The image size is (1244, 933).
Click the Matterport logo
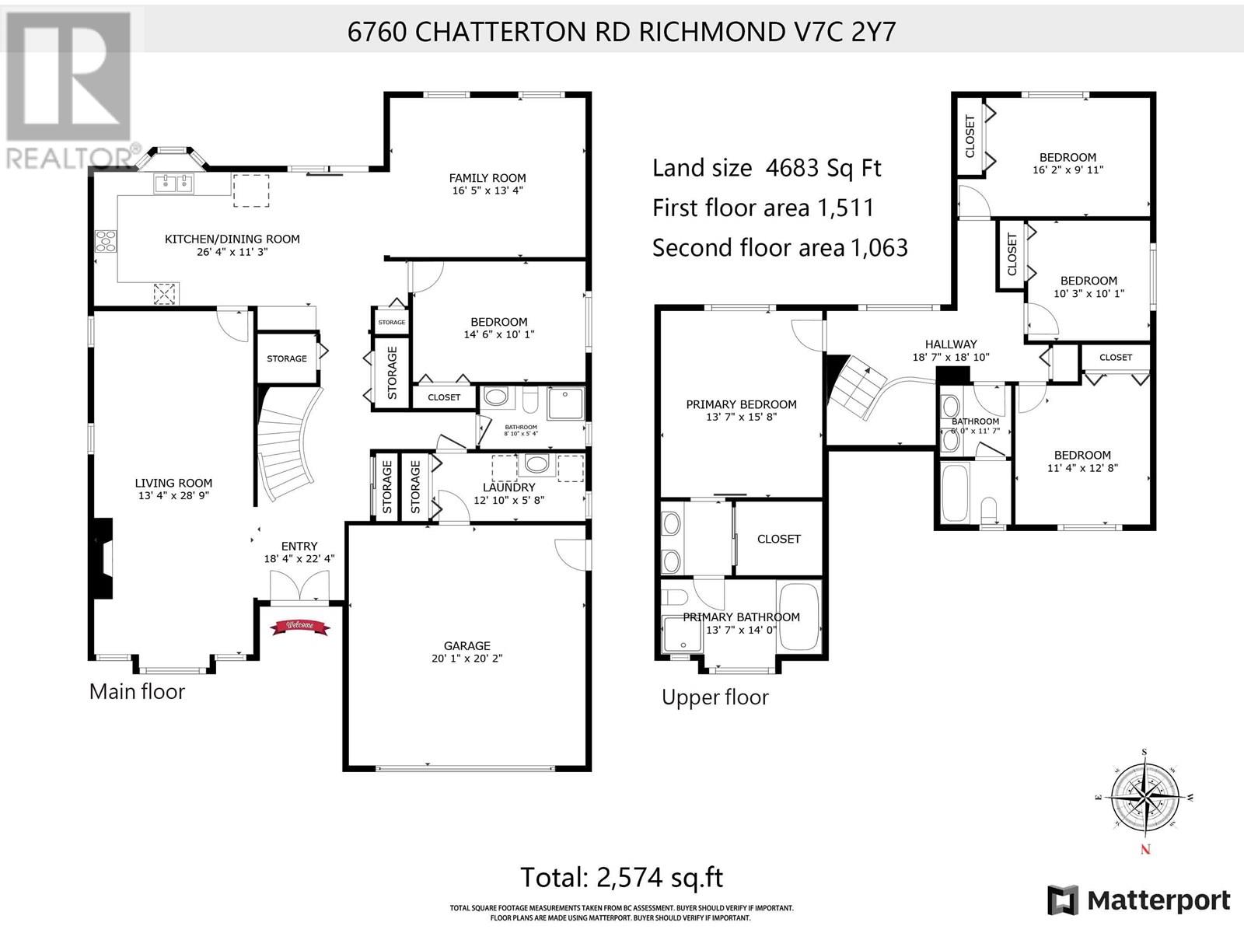pyautogui.click(x=1139, y=900)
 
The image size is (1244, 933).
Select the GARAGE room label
pyautogui.click(x=466, y=645)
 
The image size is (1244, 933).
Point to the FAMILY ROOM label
pyautogui.click(x=487, y=177)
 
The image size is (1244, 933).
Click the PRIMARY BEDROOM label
pyautogui.click(x=741, y=404)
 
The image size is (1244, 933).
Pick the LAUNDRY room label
pyautogui.click(x=508, y=487)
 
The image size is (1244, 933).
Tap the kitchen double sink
pyautogui.click(x=173, y=183)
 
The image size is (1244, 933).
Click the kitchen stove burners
pyautogui.click(x=106, y=242)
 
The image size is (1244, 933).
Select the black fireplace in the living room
pyautogui.click(x=102, y=556)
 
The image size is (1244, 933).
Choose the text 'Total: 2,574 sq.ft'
pyautogui.click(x=621, y=877)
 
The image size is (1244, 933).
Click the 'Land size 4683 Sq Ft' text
pyautogui.click(x=767, y=168)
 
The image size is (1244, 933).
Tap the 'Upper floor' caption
pyautogui.click(x=715, y=697)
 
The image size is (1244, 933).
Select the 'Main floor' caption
pyautogui.click(x=137, y=691)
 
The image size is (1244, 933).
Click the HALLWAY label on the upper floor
pyautogui.click(x=950, y=344)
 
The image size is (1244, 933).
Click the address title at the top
pyautogui.click(x=621, y=32)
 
